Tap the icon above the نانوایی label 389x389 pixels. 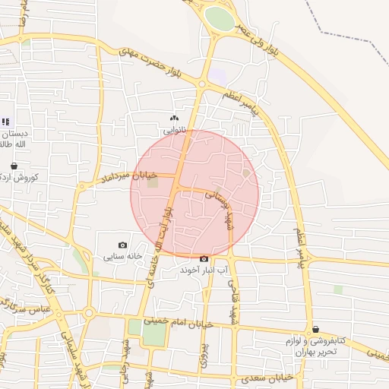coord(175,118)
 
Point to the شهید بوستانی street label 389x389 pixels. coord(217,200)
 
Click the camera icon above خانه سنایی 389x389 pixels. coord(123,245)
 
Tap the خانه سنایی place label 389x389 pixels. coord(124,256)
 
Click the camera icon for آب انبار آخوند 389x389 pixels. coord(204,259)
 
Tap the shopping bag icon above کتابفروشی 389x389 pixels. coord(315,329)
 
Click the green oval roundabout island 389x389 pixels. coord(220,19)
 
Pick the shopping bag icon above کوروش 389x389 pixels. coord(14,165)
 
